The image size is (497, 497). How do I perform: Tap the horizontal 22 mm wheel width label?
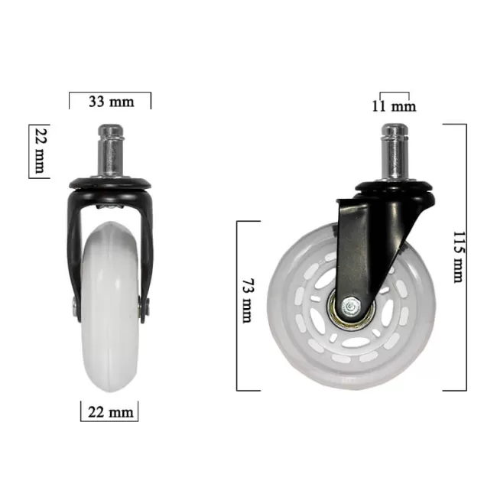click(109, 413)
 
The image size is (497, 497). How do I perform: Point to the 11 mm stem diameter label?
click(394, 106)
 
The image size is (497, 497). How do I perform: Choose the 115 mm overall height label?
click(457, 256)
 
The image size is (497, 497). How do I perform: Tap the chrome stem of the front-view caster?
click(109, 150)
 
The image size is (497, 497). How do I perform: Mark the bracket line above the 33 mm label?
click(109, 93)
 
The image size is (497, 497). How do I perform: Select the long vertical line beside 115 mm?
click(466, 256)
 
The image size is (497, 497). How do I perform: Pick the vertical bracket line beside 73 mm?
click(238, 306)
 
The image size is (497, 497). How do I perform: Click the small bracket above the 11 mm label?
click(394, 93)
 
